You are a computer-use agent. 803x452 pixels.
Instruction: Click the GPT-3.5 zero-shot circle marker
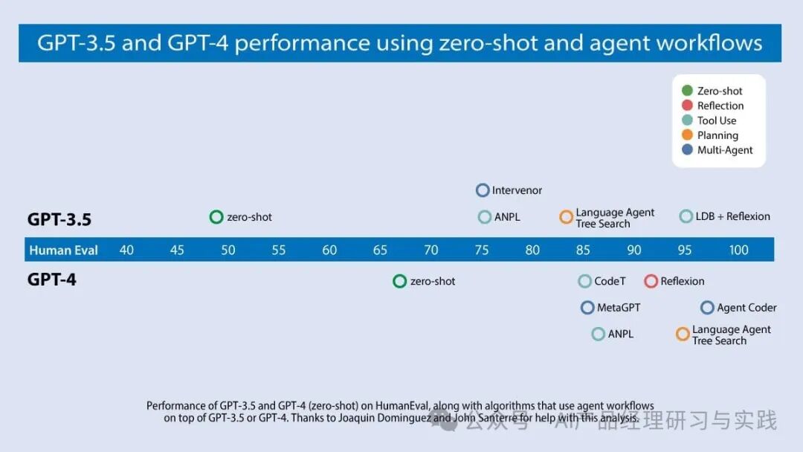[216, 217]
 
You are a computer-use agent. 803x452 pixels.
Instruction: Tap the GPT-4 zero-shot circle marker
[399, 281]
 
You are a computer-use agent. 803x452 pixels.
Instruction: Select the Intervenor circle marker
[483, 190]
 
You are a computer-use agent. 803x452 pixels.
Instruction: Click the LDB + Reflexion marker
[686, 216]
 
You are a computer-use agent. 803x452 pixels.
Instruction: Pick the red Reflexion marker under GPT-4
[651, 281]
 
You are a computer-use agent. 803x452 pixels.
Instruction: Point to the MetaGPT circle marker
[587, 308]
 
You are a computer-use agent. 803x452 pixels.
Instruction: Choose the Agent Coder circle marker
[707, 308]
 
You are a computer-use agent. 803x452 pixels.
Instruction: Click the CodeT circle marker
[585, 281]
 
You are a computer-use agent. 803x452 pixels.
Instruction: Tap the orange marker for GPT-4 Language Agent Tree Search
[683, 335]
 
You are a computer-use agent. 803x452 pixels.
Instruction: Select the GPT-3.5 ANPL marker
[485, 217]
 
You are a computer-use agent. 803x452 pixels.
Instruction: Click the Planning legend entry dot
[687, 135]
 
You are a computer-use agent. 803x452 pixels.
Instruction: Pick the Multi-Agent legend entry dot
[687, 150]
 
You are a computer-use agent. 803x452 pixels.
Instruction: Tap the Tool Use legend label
[717, 120]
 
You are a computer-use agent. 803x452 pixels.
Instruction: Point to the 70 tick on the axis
[431, 250]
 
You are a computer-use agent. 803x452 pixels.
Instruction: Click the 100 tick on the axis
[738, 250]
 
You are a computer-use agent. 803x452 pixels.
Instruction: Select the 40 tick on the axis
[126, 250]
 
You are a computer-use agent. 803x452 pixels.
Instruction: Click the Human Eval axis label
[64, 250]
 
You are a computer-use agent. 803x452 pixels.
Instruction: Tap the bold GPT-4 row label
[52, 280]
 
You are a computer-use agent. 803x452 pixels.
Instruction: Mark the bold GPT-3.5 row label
[59, 219]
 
